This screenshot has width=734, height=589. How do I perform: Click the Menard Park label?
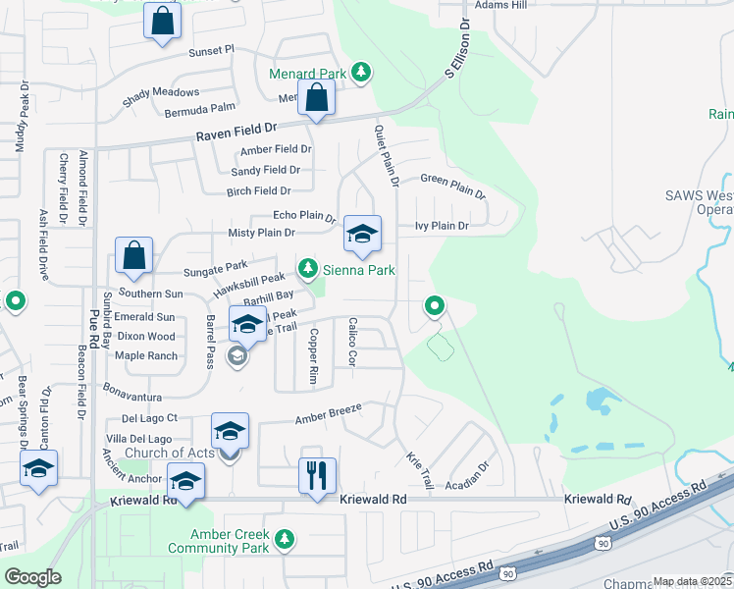pos(305,74)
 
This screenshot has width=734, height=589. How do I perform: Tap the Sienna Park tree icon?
pos(308,267)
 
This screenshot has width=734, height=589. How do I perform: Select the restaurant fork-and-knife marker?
pos(317,476)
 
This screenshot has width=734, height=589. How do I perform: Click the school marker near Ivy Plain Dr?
pos(362,235)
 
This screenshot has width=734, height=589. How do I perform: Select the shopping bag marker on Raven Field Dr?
pos(317,98)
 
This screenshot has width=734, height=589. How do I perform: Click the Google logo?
pos(32,577)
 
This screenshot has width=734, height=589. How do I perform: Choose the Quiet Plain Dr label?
pos(386,155)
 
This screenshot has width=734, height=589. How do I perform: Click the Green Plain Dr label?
pos(453,185)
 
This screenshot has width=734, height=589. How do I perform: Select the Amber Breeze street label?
pos(329,413)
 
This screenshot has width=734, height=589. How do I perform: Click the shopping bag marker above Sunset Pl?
pos(162,20)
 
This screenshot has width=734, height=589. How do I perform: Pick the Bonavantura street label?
pos(131,396)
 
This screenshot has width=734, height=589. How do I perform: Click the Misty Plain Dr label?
pos(261,233)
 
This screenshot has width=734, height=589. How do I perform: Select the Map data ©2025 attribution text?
pos(692,581)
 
